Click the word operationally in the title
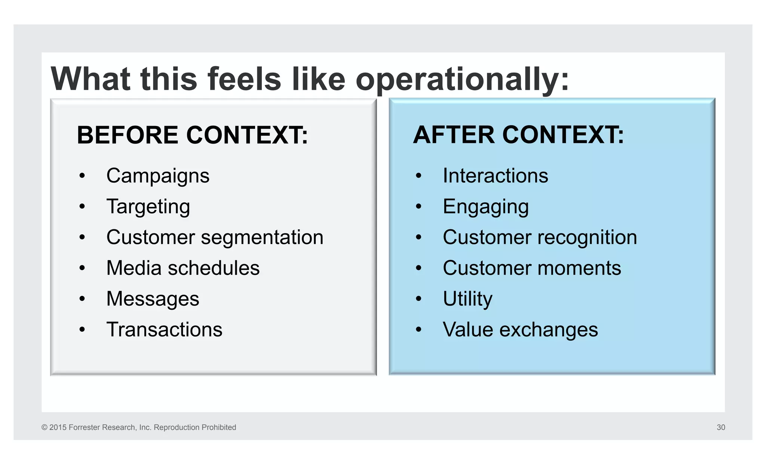coord(462,79)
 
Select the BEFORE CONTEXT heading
coord(192,135)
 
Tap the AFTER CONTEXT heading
coord(518,135)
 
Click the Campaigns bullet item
coord(157,176)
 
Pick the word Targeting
coord(148,207)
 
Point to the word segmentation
coord(262,237)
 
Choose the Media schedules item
coord(183,268)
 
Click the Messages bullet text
coord(153,299)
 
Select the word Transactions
coord(164,330)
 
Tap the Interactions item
coord(495,176)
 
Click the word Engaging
coord(485,207)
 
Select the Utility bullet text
coord(468,299)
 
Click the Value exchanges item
coord(520,330)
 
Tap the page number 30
coord(721,427)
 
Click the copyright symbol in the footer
coord(45,427)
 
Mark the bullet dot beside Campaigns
coord(82,176)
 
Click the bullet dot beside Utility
coord(419,299)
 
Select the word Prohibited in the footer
coord(218,427)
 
